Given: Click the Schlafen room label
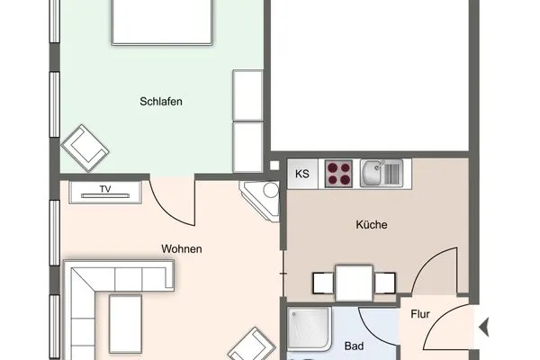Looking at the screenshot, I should click(161, 102).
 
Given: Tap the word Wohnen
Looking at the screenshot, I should click(181, 248).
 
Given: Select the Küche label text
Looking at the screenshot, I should click(371, 225).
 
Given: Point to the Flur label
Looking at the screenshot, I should click(420, 315).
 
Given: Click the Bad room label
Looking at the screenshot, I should click(354, 346).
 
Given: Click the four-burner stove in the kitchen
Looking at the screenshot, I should click(338, 173).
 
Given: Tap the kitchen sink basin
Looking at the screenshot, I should click(379, 172).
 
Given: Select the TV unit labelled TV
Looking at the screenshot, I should click(105, 190).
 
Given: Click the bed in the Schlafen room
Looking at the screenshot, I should click(162, 22).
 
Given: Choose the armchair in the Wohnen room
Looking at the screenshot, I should click(251, 345).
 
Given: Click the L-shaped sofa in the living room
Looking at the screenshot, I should click(99, 301).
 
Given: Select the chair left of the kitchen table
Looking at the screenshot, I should click(322, 283).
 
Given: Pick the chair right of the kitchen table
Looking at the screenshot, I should click(385, 283).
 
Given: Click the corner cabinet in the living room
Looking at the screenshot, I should click(262, 198).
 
